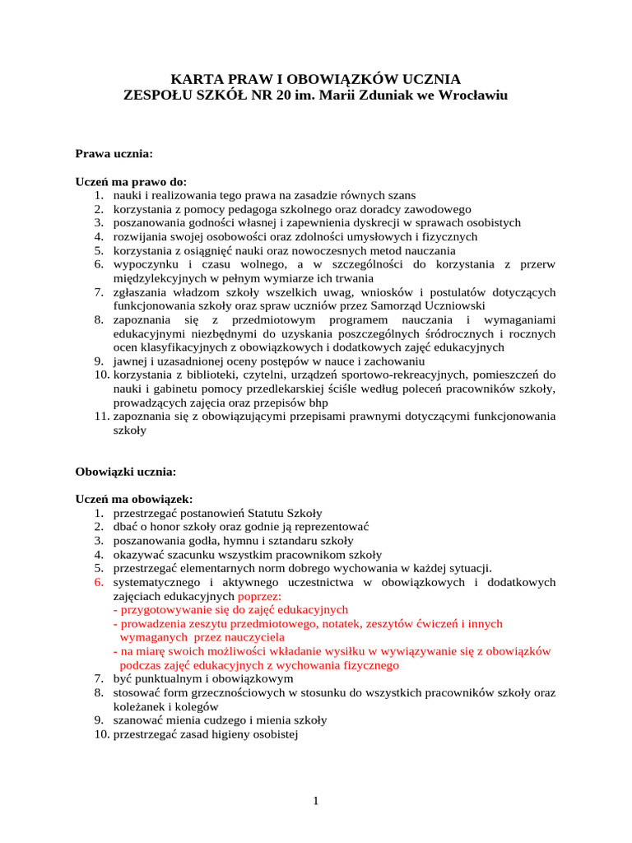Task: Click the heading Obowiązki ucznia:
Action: tap(126, 472)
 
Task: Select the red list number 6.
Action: tap(96, 582)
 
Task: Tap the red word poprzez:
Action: tap(259, 595)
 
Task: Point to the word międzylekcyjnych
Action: tap(162, 278)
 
